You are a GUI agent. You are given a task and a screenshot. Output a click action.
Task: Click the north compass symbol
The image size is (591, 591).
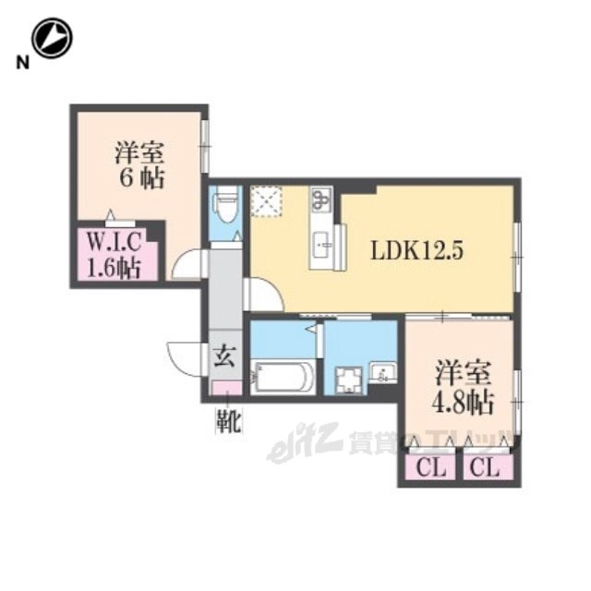pos(52,38)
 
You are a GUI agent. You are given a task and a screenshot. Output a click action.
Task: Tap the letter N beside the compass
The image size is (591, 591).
pos(22,63)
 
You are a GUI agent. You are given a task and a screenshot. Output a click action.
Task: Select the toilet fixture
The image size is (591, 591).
pos(225,205)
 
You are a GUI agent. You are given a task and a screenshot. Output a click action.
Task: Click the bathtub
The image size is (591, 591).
pos(283,377)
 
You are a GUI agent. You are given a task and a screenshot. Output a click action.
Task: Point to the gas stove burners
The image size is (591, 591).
pos(321,199)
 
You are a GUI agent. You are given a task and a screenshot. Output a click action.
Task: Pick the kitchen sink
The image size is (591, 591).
pos(322,245)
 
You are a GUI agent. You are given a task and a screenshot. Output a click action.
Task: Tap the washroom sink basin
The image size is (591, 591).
pos(382,372)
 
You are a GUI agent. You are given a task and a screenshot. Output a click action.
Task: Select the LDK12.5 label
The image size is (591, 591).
pos(417,250)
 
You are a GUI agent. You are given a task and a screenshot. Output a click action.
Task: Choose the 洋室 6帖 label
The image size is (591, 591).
pos(140,164)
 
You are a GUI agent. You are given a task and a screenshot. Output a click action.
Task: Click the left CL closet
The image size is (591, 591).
pos(431,469)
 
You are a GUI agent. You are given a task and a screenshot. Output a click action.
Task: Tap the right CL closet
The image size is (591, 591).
pos(488,469)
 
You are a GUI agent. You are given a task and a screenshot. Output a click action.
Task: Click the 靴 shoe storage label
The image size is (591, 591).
pos(229,420)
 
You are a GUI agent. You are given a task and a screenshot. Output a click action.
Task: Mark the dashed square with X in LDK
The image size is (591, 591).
pos(267,201)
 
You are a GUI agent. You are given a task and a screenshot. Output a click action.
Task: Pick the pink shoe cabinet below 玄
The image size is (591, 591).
pos(227,388)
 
